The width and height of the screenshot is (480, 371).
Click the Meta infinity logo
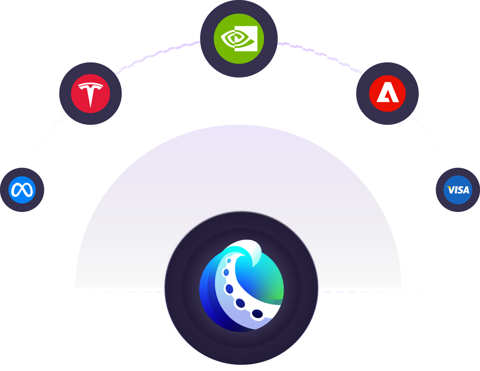pos(22,190)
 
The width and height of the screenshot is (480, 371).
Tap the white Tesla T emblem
pos(90,94)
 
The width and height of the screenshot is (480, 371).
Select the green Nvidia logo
pos(239,38)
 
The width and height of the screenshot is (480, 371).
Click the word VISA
pos(458,190)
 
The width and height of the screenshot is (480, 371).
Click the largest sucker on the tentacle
pos(257,314)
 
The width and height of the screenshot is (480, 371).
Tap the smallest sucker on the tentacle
pos(229,261)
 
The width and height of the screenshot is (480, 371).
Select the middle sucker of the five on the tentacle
pos(229,289)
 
